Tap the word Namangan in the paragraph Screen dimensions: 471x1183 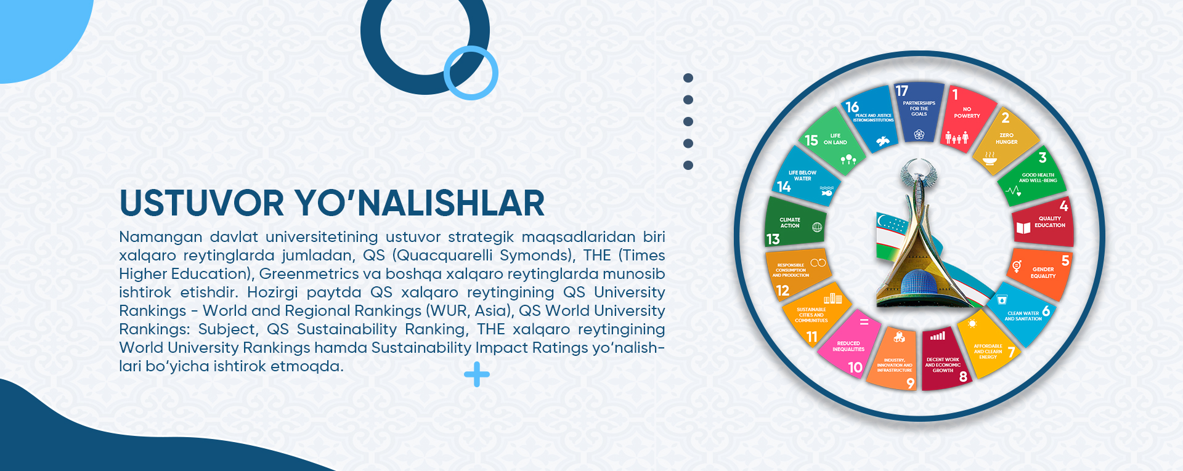pos(160,237)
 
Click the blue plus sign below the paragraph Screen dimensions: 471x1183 pos(477,374)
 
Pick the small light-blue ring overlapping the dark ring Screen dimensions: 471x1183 pos(471,73)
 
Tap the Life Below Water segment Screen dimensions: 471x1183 pos(804,179)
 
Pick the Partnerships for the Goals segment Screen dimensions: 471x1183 pos(919,111)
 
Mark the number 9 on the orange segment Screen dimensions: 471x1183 pos(910,383)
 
